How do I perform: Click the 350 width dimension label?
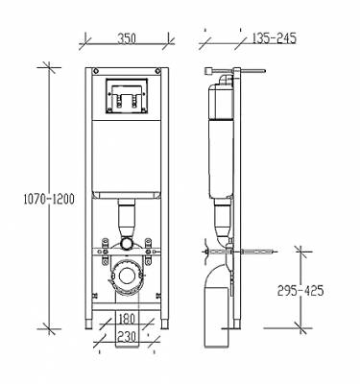[x=127, y=38]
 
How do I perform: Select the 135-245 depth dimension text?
[x=275, y=38]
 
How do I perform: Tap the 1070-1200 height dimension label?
[x=49, y=199]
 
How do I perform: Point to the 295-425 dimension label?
[x=300, y=291]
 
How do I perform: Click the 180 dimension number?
[x=127, y=319]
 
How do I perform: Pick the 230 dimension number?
[x=127, y=336]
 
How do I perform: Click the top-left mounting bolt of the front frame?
[x=96, y=71]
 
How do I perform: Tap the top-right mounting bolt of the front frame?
[x=157, y=71]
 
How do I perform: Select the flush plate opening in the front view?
[x=127, y=96]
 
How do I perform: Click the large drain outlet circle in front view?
[x=127, y=276]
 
